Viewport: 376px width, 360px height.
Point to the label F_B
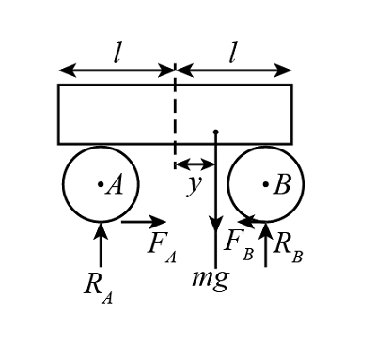pyautogui.click(x=235, y=243)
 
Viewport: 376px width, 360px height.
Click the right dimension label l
pyautogui.click(x=234, y=54)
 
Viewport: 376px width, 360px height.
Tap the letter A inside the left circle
pyautogui.click(x=115, y=185)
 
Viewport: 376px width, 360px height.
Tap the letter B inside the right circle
pyautogui.click(x=280, y=185)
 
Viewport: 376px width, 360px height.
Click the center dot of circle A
pyautogui.click(x=100, y=185)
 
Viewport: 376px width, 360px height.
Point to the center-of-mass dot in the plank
pyautogui.click(x=215, y=132)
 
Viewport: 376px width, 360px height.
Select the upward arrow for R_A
pyautogui.click(x=101, y=242)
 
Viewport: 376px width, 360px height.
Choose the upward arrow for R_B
pyautogui.click(x=265, y=243)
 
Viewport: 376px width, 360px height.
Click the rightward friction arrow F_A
pyautogui.click(x=142, y=223)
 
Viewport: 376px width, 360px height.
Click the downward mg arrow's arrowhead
pyautogui.click(x=215, y=227)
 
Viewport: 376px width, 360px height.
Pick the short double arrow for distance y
pyautogui.click(x=195, y=164)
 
